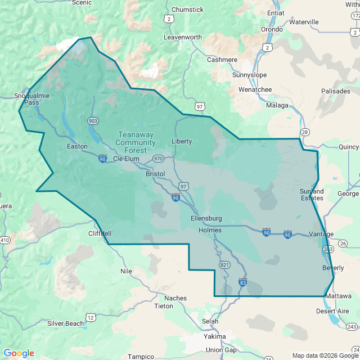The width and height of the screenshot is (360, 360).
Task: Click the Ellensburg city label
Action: (x=206, y=218)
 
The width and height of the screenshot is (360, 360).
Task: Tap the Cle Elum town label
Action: (x=125, y=159)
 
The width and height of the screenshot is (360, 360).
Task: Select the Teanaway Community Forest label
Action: (x=135, y=142)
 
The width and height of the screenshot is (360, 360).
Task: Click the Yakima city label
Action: (x=214, y=336)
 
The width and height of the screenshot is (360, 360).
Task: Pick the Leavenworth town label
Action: (x=182, y=37)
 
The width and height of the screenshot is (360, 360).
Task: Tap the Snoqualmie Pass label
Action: (x=27, y=99)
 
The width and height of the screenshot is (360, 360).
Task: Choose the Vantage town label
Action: (x=321, y=234)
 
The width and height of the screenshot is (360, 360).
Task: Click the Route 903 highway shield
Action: (x=93, y=121)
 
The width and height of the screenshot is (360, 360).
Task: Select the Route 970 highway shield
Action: (x=158, y=159)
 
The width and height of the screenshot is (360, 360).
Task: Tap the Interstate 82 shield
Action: (x=243, y=281)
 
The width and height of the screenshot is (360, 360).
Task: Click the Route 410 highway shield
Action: (x=5, y=241)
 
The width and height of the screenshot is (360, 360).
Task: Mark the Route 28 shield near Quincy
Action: (x=305, y=132)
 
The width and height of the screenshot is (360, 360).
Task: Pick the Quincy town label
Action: (x=349, y=147)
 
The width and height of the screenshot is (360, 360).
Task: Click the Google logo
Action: (x=19, y=353)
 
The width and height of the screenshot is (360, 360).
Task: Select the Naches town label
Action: (x=175, y=298)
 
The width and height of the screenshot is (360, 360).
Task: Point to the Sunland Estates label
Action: (x=311, y=195)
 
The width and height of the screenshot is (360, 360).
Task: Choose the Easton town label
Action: (x=77, y=147)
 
